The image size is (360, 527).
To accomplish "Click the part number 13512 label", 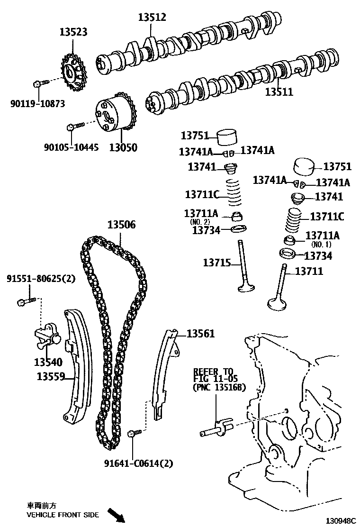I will click(152, 18).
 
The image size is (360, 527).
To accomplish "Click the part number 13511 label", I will click(279, 92).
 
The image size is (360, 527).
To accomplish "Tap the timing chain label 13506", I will click(121, 225).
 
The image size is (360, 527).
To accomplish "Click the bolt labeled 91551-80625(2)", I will click(24, 300).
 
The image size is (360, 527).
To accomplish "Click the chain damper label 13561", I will click(200, 334).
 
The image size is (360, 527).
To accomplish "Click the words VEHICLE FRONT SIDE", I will click(63, 515).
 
